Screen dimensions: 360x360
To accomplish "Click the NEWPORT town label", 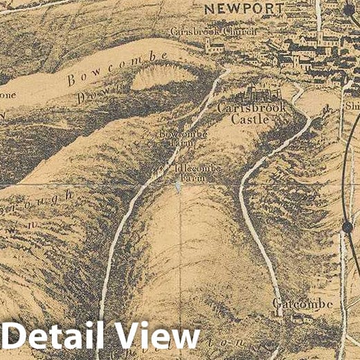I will pos(244,8).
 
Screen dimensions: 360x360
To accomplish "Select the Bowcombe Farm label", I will pos(174,138).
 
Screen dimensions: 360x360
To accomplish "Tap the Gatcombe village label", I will pos(303,305).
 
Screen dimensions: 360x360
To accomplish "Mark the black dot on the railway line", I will pos(347,226).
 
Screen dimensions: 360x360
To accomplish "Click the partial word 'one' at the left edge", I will pos(7,94).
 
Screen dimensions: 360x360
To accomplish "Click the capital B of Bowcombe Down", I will pos(71,81).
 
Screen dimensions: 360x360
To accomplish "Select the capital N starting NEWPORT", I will pos(208,8).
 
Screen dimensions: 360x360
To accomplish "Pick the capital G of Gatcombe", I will pos(278,305).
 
